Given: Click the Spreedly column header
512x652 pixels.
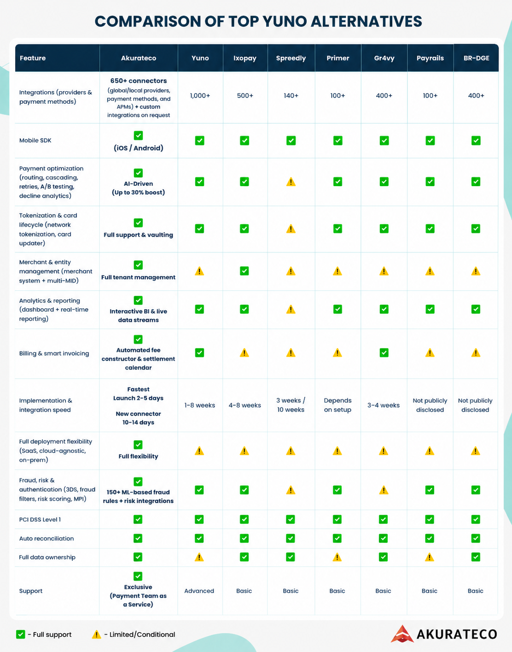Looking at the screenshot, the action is click(291, 58).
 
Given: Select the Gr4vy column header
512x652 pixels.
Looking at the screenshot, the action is click(384, 58).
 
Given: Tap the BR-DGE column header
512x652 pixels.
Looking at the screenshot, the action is click(477, 58).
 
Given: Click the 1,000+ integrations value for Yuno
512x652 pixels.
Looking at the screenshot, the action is click(200, 96).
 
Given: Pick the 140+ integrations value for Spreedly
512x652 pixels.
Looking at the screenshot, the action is click(291, 96).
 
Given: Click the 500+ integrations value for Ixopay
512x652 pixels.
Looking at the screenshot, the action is click(245, 96).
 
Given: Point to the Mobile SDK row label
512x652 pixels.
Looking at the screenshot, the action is click(35, 141).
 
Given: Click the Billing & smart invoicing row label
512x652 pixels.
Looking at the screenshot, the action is click(54, 353).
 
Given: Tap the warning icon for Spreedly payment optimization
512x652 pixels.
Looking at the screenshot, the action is click(291, 182).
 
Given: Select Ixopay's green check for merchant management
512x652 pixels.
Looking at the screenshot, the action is click(244, 271).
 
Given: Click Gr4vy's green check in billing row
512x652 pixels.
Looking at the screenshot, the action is click(384, 352).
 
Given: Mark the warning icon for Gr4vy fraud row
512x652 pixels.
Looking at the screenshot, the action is click(384, 490).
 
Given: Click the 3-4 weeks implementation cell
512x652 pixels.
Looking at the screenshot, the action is click(384, 405).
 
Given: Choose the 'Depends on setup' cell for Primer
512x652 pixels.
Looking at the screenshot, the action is click(337, 405).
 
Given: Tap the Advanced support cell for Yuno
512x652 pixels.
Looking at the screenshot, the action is click(199, 591).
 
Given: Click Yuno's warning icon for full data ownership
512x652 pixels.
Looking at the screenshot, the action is click(199, 558).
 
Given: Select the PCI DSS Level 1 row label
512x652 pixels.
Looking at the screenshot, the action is click(40, 519).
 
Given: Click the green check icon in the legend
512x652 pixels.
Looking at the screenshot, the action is click(20, 634).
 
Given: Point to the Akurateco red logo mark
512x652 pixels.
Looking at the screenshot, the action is click(402, 634).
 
